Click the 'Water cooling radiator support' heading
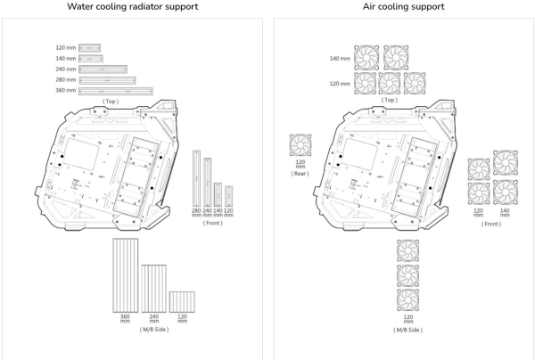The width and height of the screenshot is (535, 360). tap(133, 7)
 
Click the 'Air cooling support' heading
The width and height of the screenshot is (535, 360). tap(401, 7)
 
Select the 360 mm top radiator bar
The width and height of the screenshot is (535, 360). tap(116, 91)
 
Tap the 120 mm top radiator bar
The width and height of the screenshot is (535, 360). tap(90, 47)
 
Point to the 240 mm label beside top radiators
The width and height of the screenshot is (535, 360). tap(66, 69)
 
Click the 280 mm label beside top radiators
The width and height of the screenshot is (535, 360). tap(66, 80)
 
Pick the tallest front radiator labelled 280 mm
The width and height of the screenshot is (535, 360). tap(196, 176)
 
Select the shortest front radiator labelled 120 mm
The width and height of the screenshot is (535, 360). tap(229, 195)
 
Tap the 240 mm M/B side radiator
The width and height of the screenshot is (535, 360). tap(154, 287)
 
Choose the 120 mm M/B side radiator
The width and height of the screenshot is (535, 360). tap(182, 300)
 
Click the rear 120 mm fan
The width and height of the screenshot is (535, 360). tap(300, 145)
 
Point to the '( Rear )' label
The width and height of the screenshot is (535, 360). tap(300, 174)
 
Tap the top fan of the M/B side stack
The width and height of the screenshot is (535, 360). tap(408, 250)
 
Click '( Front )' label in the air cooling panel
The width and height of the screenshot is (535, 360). tap(491, 223)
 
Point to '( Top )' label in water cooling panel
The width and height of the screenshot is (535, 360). tap(111, 102)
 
